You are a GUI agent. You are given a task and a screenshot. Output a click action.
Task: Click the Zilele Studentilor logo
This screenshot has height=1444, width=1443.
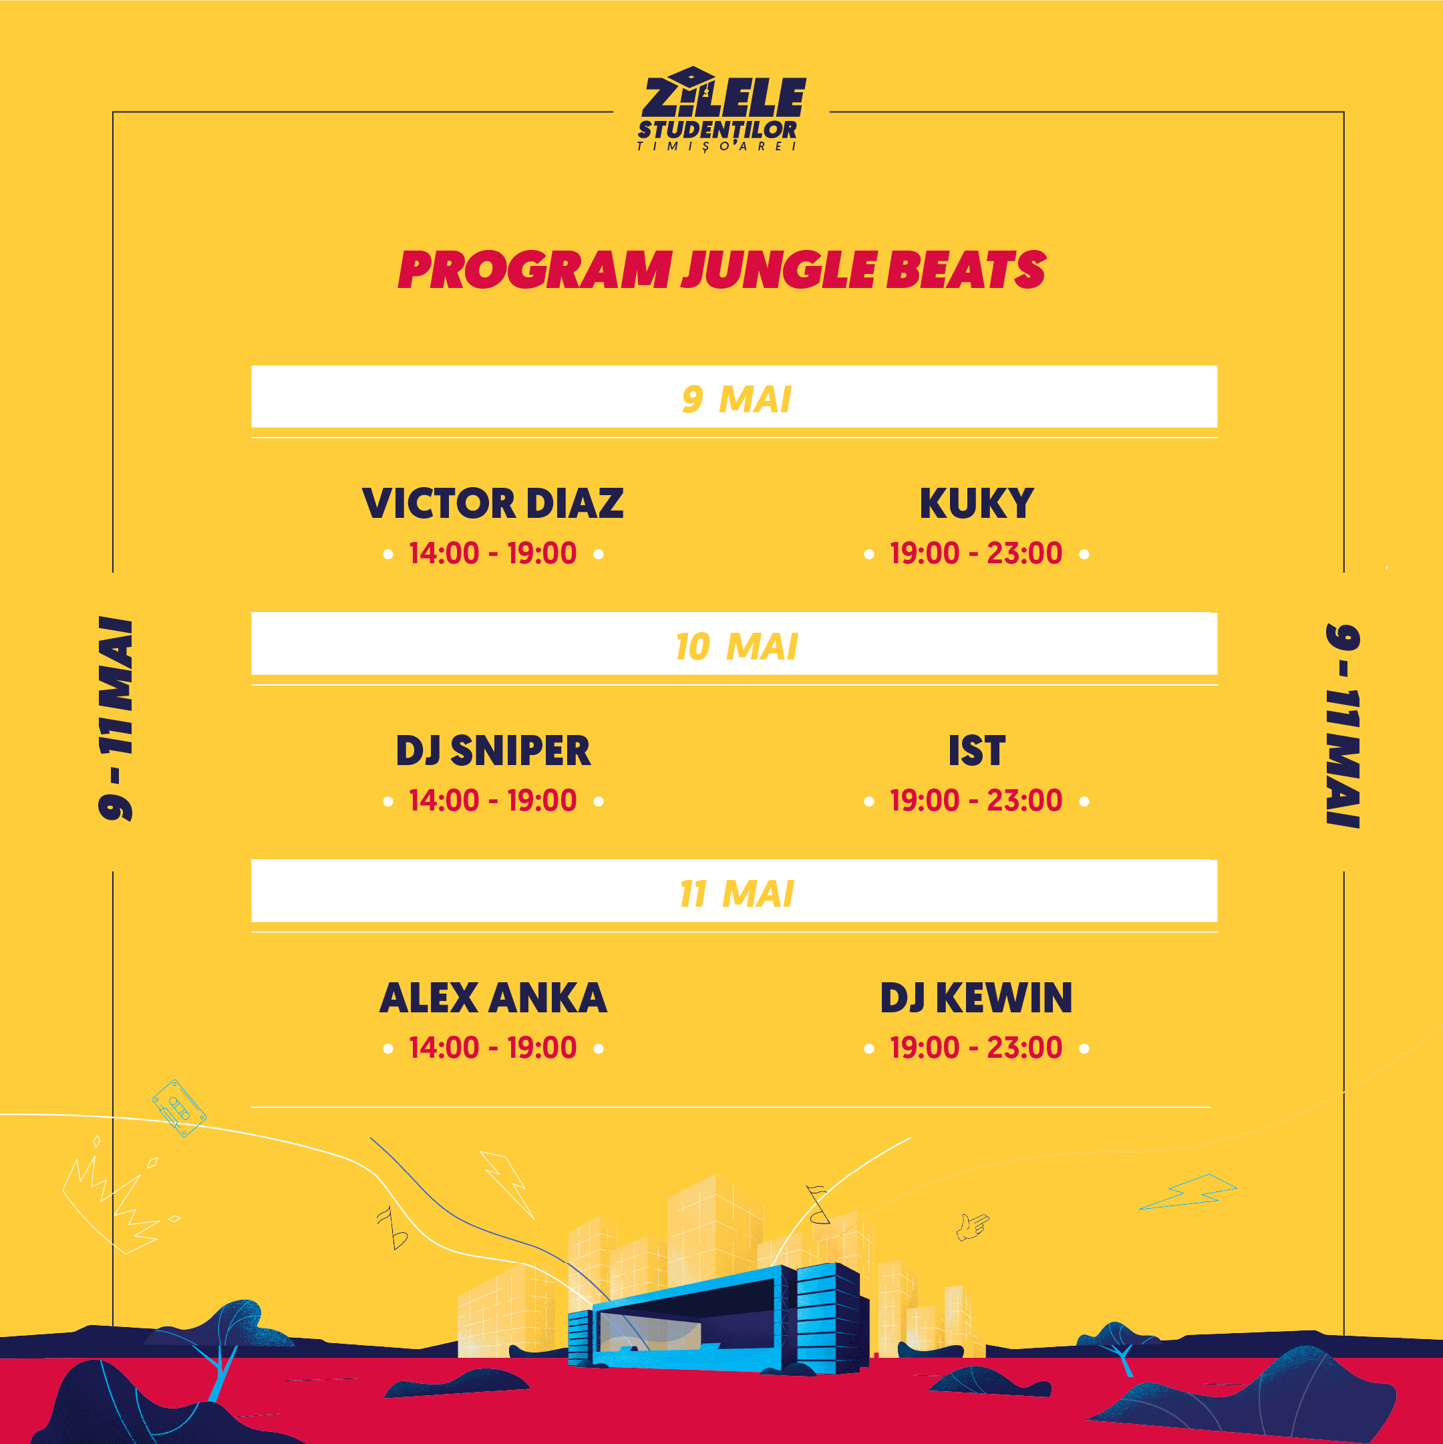pyautogui.click(x=721, y=109)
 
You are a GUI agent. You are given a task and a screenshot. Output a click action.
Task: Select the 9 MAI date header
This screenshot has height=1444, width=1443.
pyautogui.click(x=736, y=399)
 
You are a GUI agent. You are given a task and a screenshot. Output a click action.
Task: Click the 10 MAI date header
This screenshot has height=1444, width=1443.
pyautogui.click(x=736, y=647)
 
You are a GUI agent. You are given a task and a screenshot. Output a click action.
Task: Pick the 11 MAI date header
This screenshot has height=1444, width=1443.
pyautogui.click(x=736, y=894)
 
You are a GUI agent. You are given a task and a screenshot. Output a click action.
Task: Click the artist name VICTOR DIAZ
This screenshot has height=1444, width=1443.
pyautogui.click(x=492, y=503)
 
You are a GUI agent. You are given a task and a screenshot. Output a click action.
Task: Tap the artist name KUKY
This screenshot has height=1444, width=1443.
pyautogui.click(x=976, y=503)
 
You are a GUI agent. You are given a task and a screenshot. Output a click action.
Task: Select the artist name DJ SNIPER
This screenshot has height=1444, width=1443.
pyautogui.click(x=492, y=750)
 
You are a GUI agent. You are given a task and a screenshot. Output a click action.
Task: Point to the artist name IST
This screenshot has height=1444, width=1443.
pyautogui.click(x=976, y=750)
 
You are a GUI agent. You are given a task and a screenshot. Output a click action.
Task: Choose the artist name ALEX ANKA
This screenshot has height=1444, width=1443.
pyautogui.click(x=492, y=998)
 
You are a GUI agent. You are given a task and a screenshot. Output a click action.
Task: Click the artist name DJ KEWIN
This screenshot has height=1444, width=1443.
pyautogui.click(x=976, y=998)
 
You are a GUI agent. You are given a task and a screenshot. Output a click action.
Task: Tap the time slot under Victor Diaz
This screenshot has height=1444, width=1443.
pyautogui.click(x=492, y=554)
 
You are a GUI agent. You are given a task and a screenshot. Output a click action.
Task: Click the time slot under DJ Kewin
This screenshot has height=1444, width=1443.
pyautogui.click(x=976, y=1048)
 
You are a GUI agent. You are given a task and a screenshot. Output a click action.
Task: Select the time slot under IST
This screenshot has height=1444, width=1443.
pyautogui.click(x=976, y=801)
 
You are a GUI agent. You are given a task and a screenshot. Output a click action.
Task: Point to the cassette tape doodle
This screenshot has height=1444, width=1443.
pyautogui.click(x=179, y=1108)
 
